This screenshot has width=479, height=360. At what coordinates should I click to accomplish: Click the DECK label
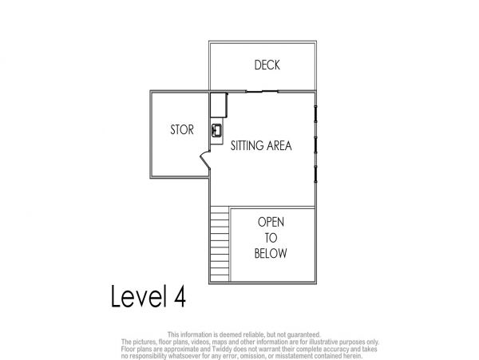tap(267, 65)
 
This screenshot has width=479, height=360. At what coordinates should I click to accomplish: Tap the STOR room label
tap(182, 130)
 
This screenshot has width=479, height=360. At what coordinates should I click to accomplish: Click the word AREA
tap(279, 145)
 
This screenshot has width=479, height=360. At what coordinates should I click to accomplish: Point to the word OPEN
tap(271, 222)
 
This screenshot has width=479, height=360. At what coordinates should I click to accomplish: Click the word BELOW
tap(271, 253)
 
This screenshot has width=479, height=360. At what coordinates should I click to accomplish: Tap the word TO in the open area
tap(271, 238)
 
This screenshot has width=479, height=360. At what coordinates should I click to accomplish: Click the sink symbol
tap(216, 131)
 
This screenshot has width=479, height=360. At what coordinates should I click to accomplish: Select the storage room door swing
tap(205, 160)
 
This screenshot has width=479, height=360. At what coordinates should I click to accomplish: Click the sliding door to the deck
tap(262, 91)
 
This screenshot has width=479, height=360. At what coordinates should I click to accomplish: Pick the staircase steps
tap(220, 243)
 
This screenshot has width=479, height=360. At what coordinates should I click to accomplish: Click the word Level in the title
tap(139, 296)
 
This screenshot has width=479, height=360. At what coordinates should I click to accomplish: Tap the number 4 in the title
tap(180, 296)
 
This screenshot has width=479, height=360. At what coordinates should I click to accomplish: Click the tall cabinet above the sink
tap(219, 105)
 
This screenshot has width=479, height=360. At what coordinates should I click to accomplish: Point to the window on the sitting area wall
tap(315, 144)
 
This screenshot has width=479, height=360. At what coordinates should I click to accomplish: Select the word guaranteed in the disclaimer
tap(303, 335)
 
